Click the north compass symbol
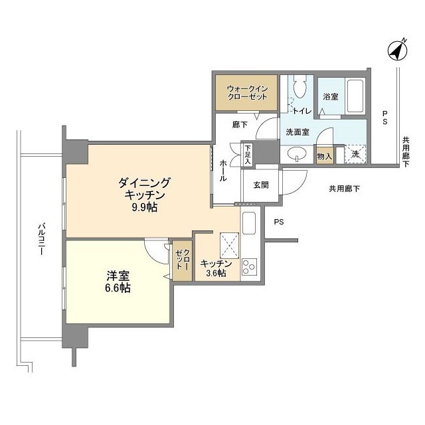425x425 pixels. tap(397, 50)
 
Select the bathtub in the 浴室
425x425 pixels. tap(355, 96)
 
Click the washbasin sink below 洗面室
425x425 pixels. tap(297, 154)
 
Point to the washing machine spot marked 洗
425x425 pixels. tap(355, 154)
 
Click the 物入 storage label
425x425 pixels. tap(325, 156)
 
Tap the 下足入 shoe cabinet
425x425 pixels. tap(248, 155)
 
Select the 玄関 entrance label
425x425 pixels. tap(261, 185)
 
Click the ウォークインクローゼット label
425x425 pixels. tap(247, 93)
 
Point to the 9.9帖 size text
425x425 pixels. tap(144, 207)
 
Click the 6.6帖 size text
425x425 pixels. tap(118, 288)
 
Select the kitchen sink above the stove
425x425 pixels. tap(249, 223)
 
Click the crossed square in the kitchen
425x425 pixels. tap(230, 246)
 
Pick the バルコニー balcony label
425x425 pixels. tap(41, 239)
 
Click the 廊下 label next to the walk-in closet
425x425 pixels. tap(240, 124)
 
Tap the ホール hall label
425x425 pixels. tap(223, 171)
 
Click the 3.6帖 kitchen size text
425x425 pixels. tap(216, 273)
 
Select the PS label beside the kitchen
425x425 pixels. tap(279, 222)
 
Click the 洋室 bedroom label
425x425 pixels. tap(118, 276)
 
